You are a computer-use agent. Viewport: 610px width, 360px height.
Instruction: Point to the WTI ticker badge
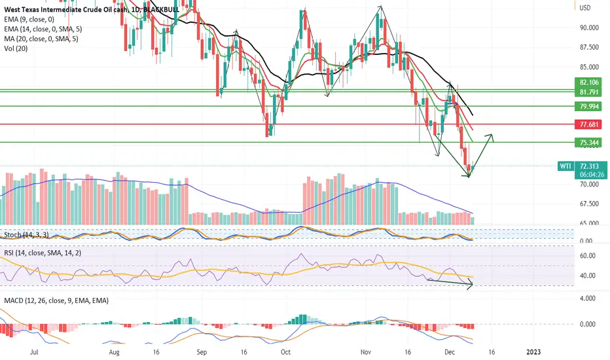[565, 166]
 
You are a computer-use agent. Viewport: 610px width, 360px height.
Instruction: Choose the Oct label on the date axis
[285, 351]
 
